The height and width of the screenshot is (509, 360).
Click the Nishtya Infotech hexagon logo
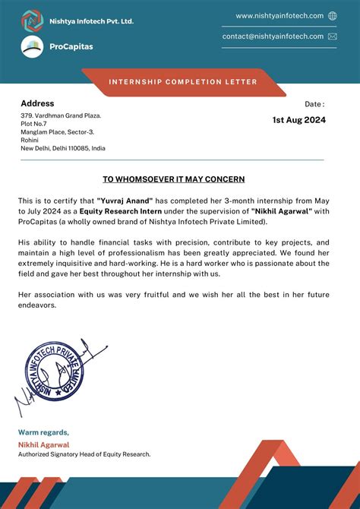coord(32,21)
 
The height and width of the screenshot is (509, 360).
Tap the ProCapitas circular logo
coord(32,47)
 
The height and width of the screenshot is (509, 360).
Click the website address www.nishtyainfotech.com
coord(279,16)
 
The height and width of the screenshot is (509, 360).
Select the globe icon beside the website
coord(333,16)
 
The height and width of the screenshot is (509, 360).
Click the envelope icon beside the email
coord(333,36)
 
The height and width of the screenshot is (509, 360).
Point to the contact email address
coord(273,36)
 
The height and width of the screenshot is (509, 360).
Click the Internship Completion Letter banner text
coord(183,82)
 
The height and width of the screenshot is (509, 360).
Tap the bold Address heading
coord(37,103)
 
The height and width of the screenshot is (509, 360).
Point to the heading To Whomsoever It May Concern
coord(174,179)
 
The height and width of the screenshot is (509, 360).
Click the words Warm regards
coord(43,432)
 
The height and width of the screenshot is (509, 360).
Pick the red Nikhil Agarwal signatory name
coord(43,444)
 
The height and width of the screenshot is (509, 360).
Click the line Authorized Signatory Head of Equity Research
coord(84,454)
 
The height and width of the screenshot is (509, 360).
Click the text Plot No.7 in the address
coord(33,123)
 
